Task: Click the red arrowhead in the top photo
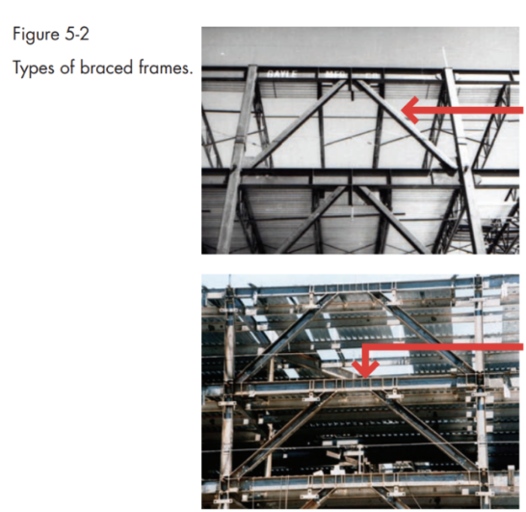[x=410, y=112]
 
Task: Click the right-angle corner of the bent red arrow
[x=365, y=344]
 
